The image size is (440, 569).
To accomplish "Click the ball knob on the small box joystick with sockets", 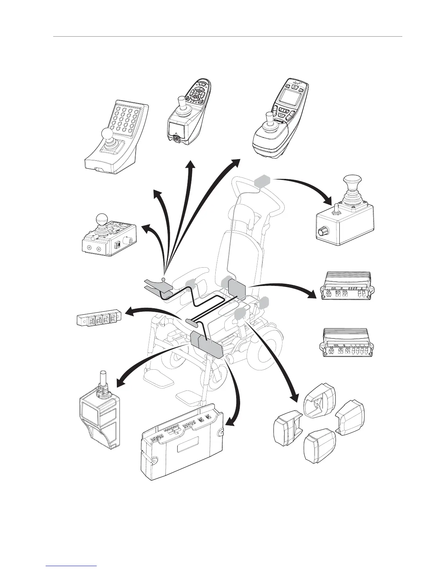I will pyautogui.click(x=101, y=219).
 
